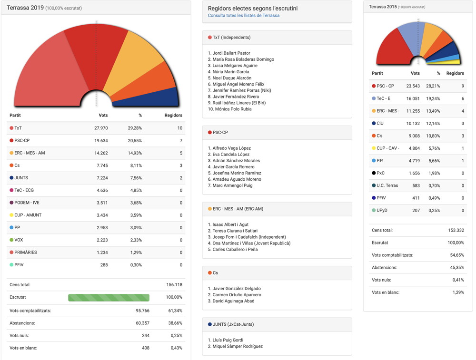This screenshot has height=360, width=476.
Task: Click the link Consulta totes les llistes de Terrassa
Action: coord(243,16)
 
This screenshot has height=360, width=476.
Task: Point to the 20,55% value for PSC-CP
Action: coord(133,140)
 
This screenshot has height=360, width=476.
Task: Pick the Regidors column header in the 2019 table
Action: coord(173,115)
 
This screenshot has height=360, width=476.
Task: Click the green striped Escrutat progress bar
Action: coord(109,297)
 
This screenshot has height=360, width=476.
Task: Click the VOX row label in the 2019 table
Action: coord(19,240)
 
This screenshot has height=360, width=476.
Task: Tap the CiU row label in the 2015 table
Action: coord(380,123)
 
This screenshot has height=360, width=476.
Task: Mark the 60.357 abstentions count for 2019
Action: coord(139,323)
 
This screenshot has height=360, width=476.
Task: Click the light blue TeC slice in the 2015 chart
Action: coord(407,38)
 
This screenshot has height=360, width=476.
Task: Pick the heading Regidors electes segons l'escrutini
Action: coord(253,8)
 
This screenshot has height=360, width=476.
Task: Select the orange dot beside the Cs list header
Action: coord(209,273)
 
